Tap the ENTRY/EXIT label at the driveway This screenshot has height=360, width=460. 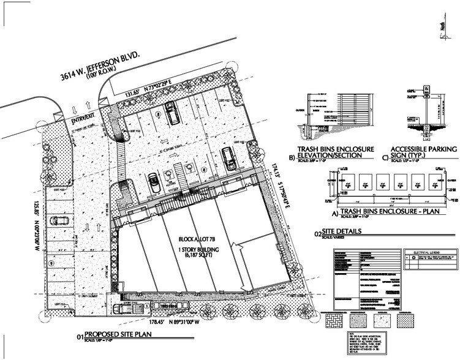[x=84, y=122]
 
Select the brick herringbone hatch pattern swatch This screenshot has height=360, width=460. [x=339, y=318]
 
